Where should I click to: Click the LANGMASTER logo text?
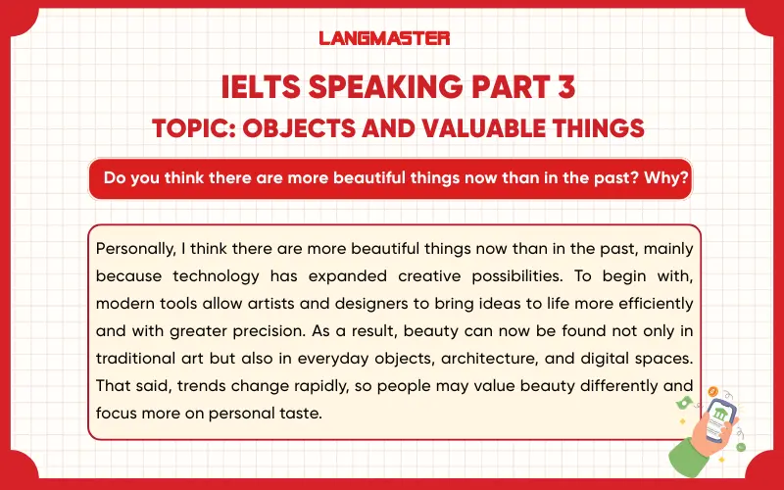click(383, 38)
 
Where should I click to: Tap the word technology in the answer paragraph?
click(273, 275)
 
